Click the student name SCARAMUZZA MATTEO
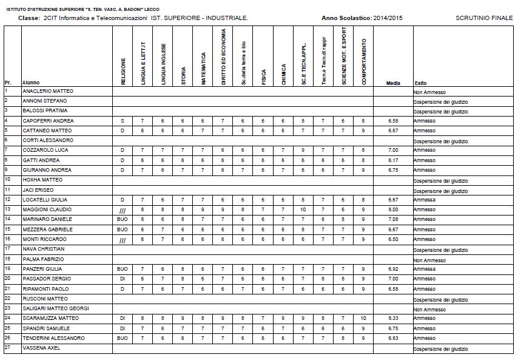coord(50,318)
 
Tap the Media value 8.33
coord(392,318)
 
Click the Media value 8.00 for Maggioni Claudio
coord(392,209)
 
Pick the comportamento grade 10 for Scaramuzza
coord(363,318)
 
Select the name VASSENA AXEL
coord(41,348)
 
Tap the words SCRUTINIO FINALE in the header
coord(483,19)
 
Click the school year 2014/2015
coord(388,19)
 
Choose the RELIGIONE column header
coord(123,72)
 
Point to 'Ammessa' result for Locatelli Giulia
coord(425,200)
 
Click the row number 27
coord(7,347)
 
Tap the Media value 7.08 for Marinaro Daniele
coord(392,219)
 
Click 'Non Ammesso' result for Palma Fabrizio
coord(429,259)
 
